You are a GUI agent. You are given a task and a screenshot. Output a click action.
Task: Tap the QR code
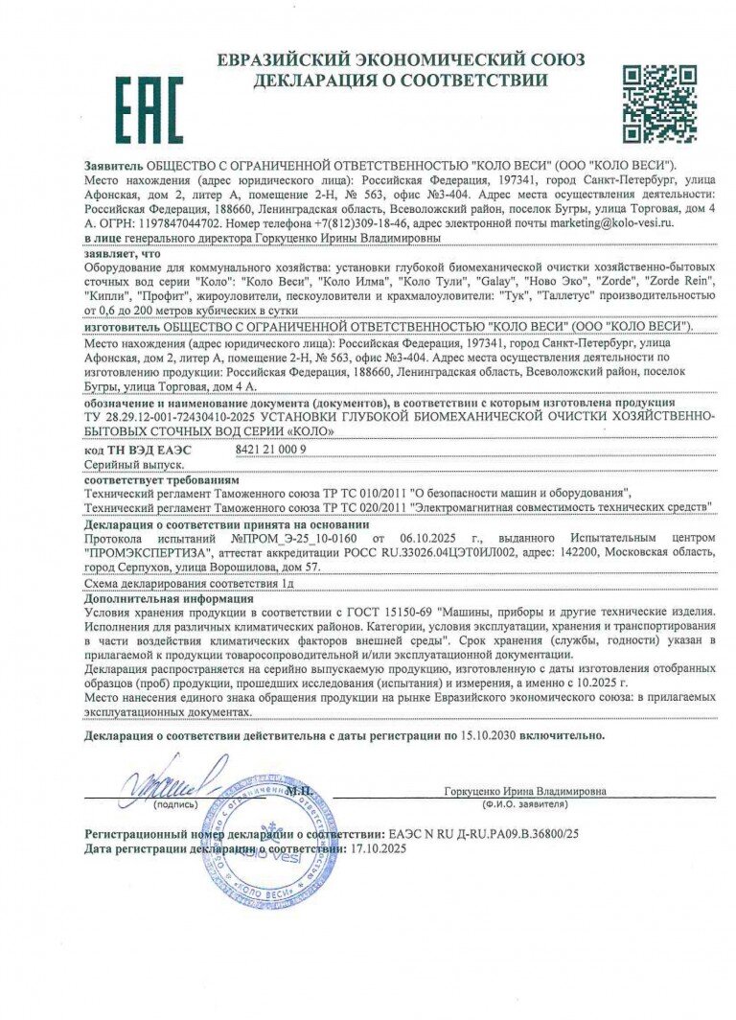point(659,104)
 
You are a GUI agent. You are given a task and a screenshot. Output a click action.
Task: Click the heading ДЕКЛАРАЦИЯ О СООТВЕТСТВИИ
point(401,81)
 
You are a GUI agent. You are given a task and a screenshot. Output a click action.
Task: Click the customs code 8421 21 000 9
point(271,449)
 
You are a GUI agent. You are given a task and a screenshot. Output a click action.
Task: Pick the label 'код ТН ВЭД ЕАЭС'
point(138,449)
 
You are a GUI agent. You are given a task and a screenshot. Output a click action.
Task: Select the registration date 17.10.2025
point(380,848)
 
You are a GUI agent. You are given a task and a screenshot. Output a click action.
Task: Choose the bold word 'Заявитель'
point(114,166)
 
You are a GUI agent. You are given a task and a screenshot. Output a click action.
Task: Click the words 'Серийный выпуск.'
point(126,463)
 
